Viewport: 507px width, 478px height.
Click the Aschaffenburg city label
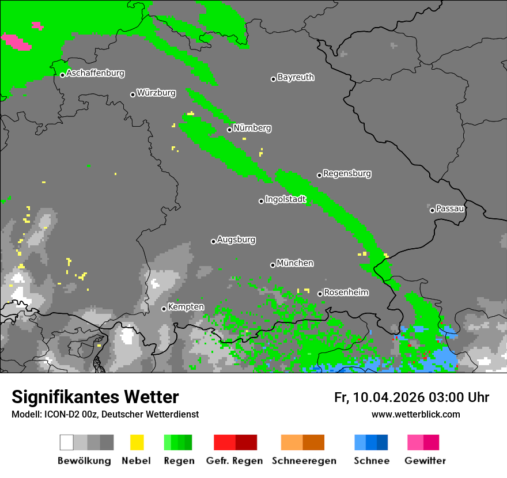95,74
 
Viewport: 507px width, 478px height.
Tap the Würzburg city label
156,93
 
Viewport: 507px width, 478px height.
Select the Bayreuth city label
296,77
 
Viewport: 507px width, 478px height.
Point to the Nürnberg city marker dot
229,130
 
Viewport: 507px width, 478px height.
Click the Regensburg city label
347,173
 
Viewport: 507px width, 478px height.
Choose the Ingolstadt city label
285,200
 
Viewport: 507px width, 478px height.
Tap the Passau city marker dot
432,210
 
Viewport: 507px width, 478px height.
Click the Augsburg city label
236,240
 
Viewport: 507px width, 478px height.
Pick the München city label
295,263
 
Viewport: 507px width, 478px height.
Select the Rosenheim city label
346,293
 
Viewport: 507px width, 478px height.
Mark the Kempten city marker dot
164,309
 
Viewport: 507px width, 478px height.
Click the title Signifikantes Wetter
95,397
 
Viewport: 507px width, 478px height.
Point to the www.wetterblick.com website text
415,414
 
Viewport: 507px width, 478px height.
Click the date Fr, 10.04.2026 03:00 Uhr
411,397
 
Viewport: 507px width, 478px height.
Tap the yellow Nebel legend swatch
137,442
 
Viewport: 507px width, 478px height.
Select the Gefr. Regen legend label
234,461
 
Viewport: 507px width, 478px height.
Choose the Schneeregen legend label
303,461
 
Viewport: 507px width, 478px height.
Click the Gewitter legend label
425,461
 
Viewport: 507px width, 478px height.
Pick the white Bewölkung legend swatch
67,442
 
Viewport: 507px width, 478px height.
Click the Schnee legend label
371,461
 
